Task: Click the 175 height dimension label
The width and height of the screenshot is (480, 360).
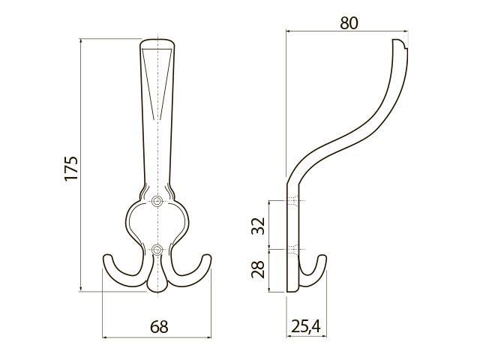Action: (x=71, y=168)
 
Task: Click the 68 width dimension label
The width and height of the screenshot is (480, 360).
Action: (x=159, y=327)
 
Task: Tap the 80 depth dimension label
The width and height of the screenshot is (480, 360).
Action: (x=349, y=23)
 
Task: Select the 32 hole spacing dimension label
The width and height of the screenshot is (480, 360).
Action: (x=258, y=226)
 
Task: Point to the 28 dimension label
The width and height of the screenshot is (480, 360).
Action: (x=258, y=269)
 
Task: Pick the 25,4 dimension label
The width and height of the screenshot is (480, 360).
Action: (x=306, y=326)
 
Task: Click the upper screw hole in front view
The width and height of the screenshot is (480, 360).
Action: (x=157, y=201)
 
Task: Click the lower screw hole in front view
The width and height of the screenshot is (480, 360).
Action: (x=157, y=250)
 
